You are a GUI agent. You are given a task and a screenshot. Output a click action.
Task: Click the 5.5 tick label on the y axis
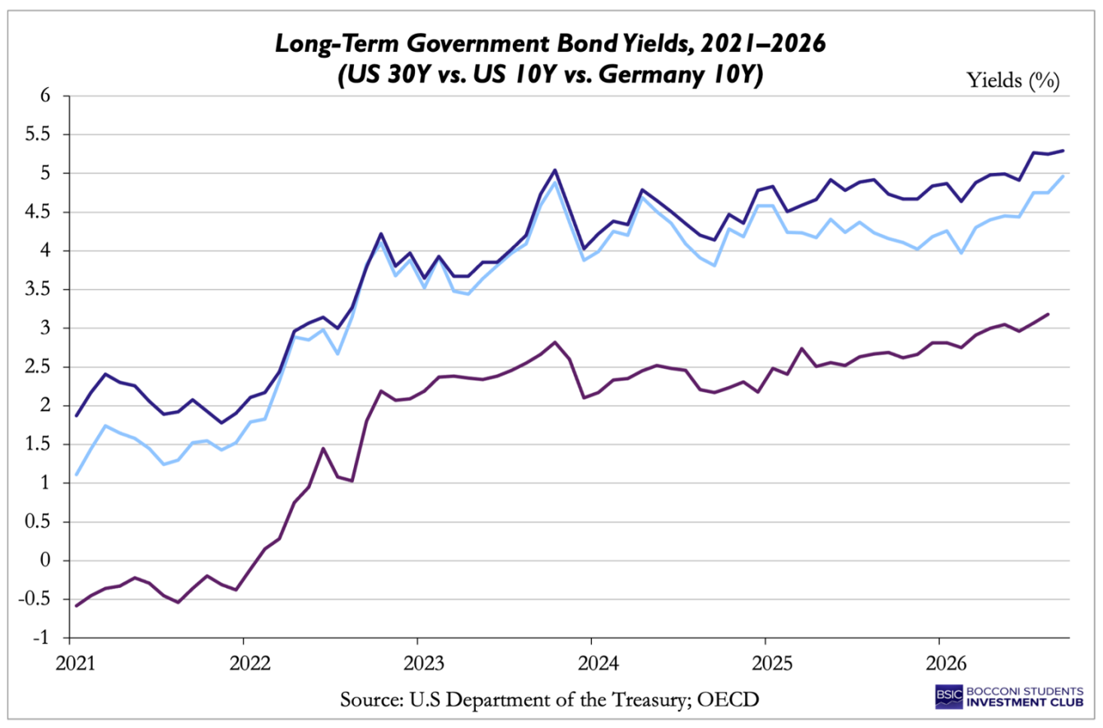(x=38, y=134)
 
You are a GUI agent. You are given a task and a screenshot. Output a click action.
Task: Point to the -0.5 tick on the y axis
(x=35, y=599)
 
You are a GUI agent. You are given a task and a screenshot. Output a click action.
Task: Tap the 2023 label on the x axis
(x=423, y=664)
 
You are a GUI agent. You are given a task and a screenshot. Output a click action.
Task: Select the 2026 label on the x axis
(x=947, y=664)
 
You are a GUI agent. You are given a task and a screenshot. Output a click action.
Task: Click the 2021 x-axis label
(x=76, y=664)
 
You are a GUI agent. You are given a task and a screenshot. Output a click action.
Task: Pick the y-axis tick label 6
(x=45, y=95)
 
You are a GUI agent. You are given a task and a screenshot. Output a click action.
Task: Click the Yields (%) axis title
(x=1013, y=81)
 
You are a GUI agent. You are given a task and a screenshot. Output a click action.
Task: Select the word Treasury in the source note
(x=649, y=700)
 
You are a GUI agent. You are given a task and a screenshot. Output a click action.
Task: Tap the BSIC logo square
(x=948, y=697)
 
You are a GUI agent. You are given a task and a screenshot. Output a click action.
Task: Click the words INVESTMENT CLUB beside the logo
(x=1025, y=702)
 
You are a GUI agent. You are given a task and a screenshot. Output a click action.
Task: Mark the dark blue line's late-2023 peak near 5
(x=555, y=170)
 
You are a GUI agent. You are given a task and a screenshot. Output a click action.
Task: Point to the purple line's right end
(x=1047, y=314)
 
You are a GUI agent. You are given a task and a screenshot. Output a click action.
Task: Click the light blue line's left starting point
(x=77, y=475)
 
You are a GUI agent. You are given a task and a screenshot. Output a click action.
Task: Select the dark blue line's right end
(x=1063, y=151)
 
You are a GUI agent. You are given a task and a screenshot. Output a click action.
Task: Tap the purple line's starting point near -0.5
(x=77, y=606)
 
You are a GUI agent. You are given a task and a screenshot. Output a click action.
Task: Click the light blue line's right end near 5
(x=1063, y=176)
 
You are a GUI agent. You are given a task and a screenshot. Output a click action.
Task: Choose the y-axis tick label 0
(x=45, y=560)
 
